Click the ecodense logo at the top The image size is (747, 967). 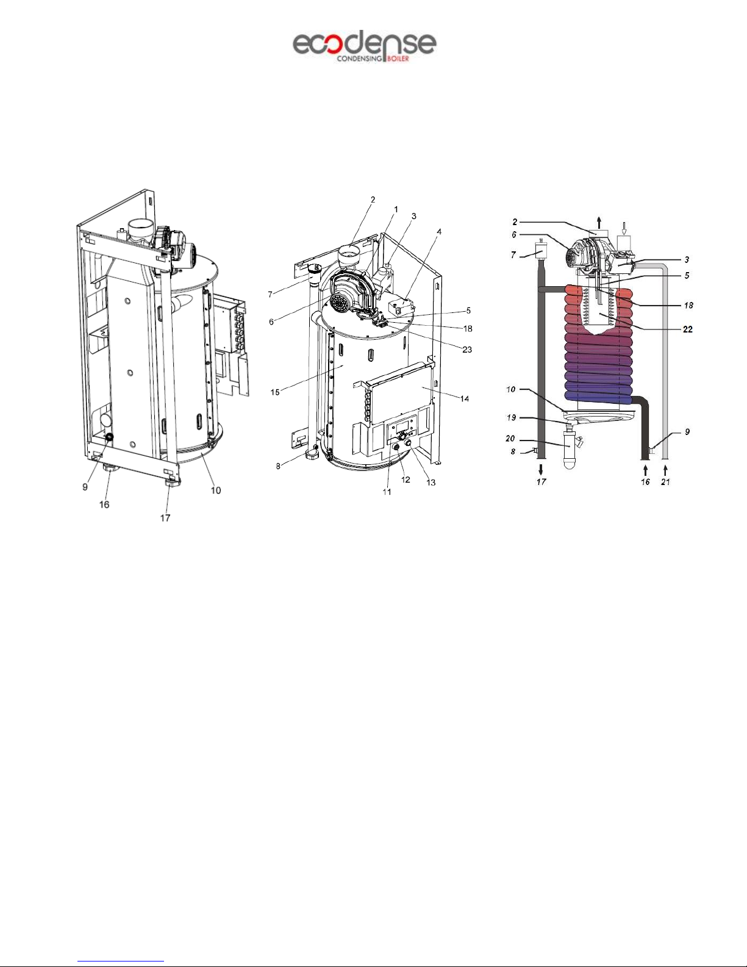point(364,46)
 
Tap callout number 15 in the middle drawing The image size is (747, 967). point(275,392)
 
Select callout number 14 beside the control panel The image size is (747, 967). point(464,398)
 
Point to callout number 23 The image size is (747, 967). point(467,350)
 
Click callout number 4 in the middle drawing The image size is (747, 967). point(439,231)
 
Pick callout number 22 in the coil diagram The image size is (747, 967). point(687,329)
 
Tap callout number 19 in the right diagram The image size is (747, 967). point(512,417)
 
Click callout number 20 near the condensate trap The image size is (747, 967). point(510,438)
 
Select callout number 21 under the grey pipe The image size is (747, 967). point(665,481)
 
